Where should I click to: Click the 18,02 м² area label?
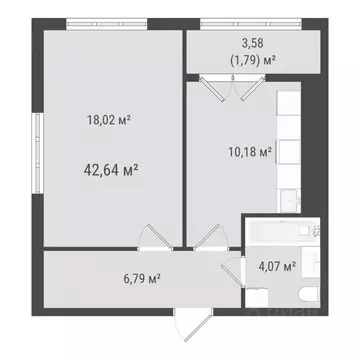tap(110, 121)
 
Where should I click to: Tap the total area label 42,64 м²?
tap(110, 169)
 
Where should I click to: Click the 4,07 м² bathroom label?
tap(276, 266)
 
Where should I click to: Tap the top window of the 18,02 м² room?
tap(109, 23)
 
